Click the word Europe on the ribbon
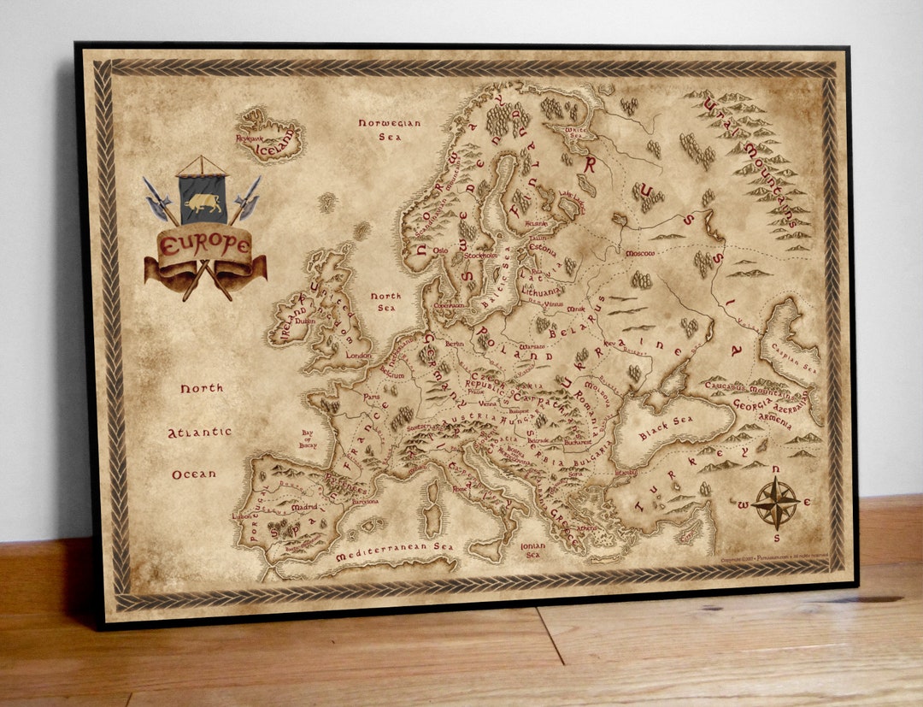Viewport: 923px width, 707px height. (205, 245)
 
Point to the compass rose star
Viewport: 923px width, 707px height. (776, 503)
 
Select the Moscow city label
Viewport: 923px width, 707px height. (639, 254)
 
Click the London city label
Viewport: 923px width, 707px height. (359, 356)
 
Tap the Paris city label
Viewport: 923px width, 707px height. (371, 397)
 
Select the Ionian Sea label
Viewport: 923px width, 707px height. (532, 549)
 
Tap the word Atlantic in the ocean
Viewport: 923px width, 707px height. (199, 433)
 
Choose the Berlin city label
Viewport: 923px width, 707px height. (455, 344)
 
